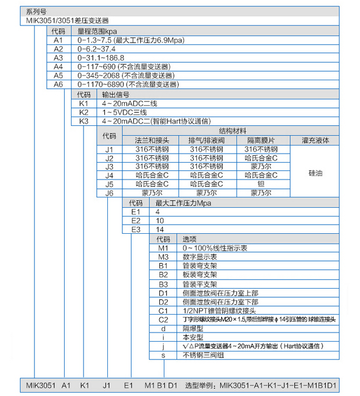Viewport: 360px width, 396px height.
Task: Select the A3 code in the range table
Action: pos(58,58)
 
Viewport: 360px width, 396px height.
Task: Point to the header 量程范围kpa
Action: pos(97,32)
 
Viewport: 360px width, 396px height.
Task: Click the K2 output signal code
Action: pos(84,112)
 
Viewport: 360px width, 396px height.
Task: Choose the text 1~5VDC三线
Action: pos(124,112)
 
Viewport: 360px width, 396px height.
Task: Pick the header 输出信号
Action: pos(115,95)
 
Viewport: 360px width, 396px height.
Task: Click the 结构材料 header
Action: pos(232,131)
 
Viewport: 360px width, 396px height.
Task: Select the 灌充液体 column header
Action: pos(315,140)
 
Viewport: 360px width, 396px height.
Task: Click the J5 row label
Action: pos(109,184)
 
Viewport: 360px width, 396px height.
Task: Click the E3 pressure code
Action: pos(136,229)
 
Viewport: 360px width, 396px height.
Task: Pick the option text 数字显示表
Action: pos(201,256)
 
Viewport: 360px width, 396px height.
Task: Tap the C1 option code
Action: pos(163,310)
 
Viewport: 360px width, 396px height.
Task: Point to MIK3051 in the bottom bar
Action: pos(40,385)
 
